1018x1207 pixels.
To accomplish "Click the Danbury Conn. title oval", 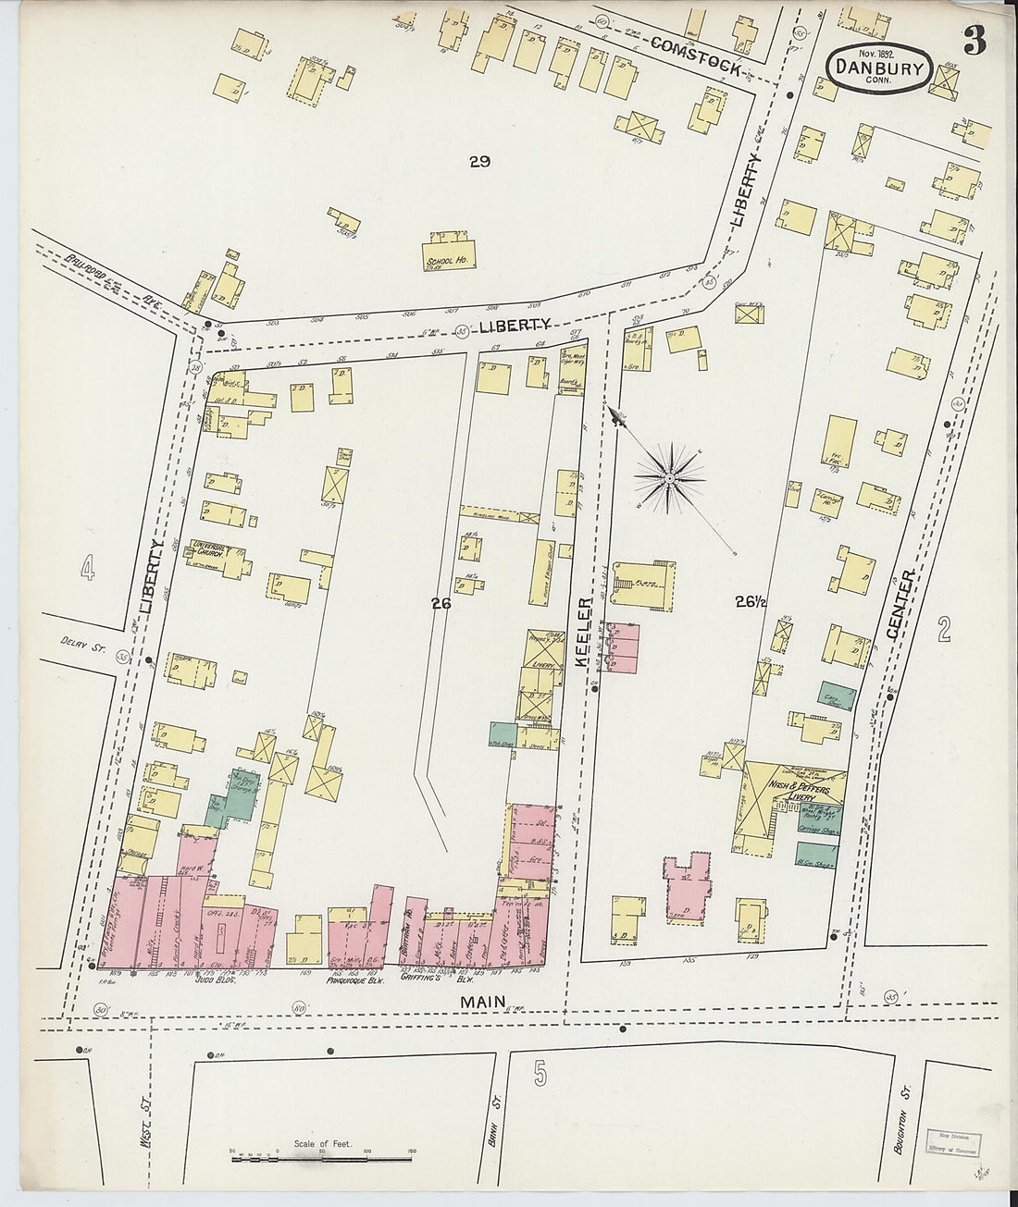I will tap(877, 68).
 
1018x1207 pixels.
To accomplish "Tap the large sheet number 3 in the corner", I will tap(974, 41).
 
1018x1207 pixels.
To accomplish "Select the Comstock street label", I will tap(696, 55).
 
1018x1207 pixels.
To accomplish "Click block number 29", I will tap(478, 162).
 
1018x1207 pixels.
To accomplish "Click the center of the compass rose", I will tap(669, 478).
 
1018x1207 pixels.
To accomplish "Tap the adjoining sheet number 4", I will tap(87, 570).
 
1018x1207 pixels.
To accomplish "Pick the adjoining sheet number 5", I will tap(540, 1074).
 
